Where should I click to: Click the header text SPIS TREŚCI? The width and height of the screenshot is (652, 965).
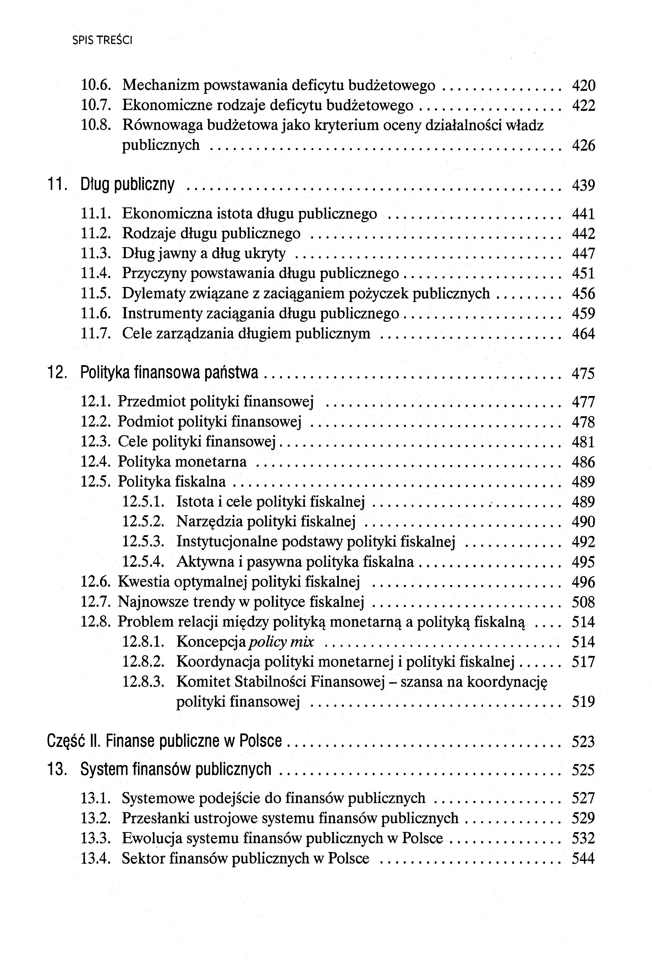(x=102, y=40)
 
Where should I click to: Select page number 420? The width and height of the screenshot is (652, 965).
(x=583, y=86)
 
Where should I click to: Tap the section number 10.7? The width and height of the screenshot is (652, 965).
(x=95, y=105)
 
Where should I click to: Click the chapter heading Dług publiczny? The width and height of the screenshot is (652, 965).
(x=127, y=184)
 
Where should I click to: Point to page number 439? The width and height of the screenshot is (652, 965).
(x=583, y=185)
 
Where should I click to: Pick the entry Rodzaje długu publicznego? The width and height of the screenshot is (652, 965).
(x=211, y=233)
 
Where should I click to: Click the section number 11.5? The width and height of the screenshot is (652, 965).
(x=95, y=294)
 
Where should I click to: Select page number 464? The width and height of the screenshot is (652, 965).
(x=583, y=334)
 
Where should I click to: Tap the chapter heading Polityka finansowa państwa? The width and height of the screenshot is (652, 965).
(x=169, y=373)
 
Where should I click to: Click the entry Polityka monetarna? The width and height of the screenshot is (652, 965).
(x=182, y=462)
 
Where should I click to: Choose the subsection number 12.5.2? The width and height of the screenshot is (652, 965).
(x=143, y=521)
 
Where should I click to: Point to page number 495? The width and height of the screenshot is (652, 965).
(x=583, y=562)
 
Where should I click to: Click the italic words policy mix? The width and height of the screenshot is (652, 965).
(x=281, y=642)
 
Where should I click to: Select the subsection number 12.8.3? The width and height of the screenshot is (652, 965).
(x=143, y=682)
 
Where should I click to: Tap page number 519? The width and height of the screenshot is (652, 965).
(x=583, y=702)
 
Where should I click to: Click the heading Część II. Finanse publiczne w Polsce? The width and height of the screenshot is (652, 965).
(x=164, y=741)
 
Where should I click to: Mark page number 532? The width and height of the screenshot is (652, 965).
(x=583, y=838)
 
